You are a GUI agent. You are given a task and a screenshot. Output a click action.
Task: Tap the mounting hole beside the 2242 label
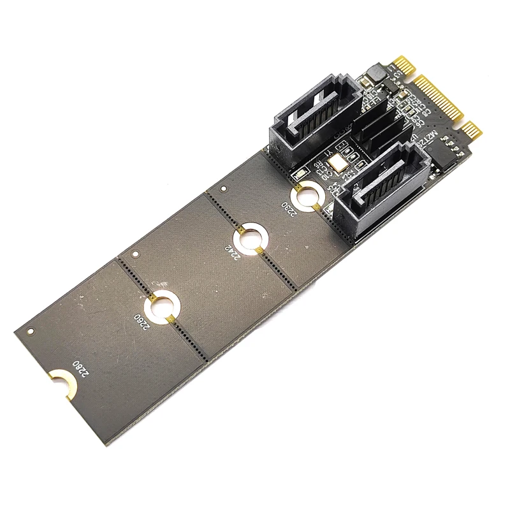(x=249, y=238)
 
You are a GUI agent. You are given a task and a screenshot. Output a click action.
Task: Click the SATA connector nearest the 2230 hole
(x=375, y=191)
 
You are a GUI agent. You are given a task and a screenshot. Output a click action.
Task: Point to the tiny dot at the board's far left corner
(x=29, y=331)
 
